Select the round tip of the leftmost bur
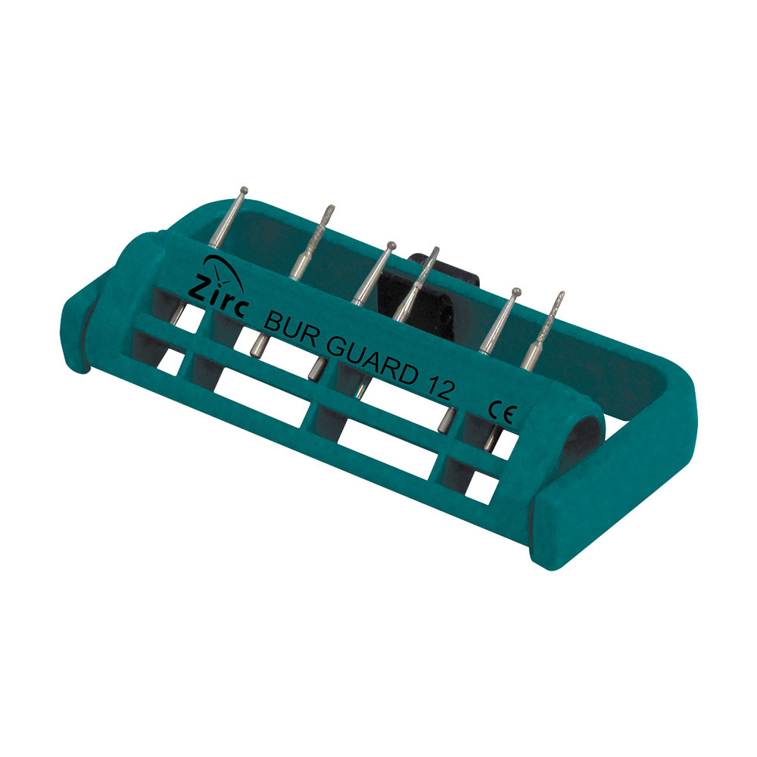click(244, 190)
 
